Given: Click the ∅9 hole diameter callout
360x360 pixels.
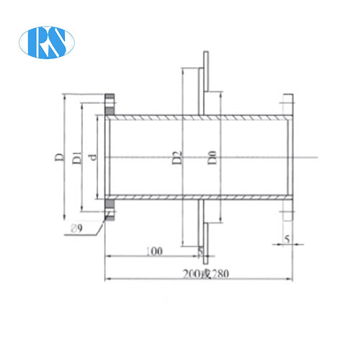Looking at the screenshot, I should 77,228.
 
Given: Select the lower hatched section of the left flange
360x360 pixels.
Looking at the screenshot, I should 110,210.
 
